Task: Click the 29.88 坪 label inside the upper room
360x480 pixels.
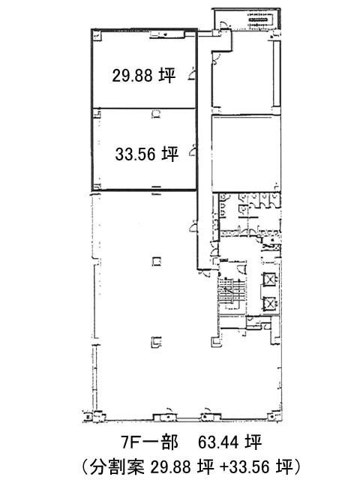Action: tap(143, 75)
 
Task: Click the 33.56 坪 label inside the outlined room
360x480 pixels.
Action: tap(147, 154)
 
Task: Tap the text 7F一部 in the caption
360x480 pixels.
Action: tap(150, 442)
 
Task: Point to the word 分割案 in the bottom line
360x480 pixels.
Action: tap(118, 467)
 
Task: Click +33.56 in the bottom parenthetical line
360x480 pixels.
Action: tap(244, 467)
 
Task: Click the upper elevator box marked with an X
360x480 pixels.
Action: tap(270, 280)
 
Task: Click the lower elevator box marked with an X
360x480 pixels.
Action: tap(270, 304)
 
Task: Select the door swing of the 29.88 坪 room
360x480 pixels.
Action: tap(192, 74)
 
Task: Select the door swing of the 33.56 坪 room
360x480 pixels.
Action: tap(192, 151)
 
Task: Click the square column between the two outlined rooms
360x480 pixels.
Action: tap(157, 113)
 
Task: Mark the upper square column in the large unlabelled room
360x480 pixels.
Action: tap(157, 262)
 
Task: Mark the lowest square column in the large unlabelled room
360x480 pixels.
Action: tap(157, 342)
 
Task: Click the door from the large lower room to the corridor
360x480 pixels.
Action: tap(193, 226)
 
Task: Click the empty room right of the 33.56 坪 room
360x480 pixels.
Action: tap(246, 153)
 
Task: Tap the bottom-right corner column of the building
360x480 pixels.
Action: tap(271, 417)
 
